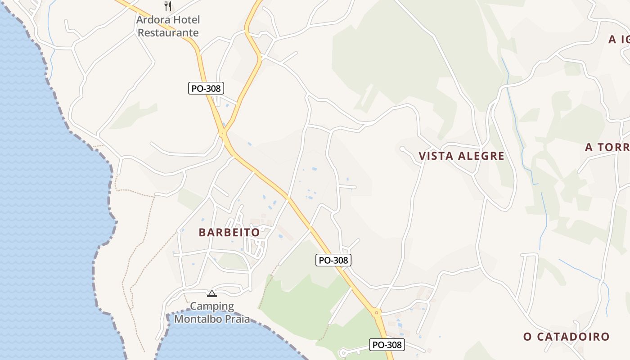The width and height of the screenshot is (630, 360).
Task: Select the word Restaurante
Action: click(x=168, y=33)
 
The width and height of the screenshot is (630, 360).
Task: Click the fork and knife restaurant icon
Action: click(x=168, y=6)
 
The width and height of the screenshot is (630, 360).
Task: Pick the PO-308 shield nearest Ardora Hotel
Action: click(x=206, y=88)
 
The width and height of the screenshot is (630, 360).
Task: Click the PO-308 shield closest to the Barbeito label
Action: click(x=333, y=260)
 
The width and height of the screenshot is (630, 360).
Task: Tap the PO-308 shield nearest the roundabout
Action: click(x=387, y=345)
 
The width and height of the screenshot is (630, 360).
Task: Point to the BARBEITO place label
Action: click(x=229, y=233)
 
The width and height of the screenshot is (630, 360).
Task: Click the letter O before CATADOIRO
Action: click(x=527, y=337)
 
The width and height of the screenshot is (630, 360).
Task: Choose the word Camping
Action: click(x=212, y=306)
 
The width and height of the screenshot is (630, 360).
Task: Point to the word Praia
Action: click(x=236, y=319)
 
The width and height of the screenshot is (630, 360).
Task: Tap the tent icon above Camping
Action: click(x=211, y=294)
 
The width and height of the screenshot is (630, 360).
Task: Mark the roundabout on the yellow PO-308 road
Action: click(x=377, y=311)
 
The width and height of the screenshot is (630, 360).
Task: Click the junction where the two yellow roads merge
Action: click(x=223, y=133)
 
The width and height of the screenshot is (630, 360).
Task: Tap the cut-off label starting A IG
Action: click(x=619, y=40)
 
